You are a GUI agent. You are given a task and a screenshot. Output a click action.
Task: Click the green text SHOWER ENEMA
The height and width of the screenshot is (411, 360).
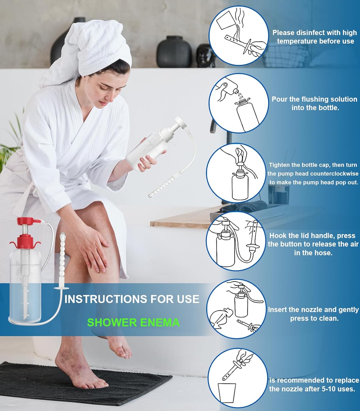[x=133, y=322]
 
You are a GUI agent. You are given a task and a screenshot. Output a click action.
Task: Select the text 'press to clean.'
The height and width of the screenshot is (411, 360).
[x=314, y=318]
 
